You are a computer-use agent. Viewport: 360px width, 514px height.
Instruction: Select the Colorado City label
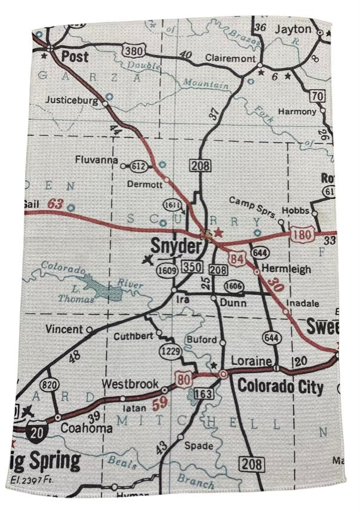coord(281,386)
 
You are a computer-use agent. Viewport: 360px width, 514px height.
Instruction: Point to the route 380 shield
coord(134,51)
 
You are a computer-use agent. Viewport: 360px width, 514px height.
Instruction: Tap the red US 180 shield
coord(302,235)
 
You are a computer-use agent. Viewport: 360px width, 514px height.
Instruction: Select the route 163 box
coord(204,393)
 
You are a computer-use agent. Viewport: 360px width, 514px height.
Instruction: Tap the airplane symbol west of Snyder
coord(148,260)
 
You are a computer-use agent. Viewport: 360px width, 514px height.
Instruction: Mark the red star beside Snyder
coord(219,232)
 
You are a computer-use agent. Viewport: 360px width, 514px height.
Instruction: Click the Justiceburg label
coord(71,100)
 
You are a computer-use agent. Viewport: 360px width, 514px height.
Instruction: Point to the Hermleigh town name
coord(287,269)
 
